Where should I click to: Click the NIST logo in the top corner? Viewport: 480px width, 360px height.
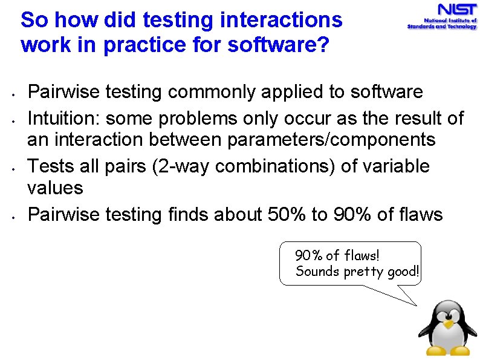point(442,17)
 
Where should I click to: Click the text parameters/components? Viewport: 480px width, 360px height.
point(331,140)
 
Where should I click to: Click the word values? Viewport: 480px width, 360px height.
point(55,188)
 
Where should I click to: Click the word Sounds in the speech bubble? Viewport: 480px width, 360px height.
point(317,271)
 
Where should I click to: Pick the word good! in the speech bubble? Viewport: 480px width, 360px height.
point(403,271)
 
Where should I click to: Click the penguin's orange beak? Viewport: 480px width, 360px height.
point(447,324)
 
